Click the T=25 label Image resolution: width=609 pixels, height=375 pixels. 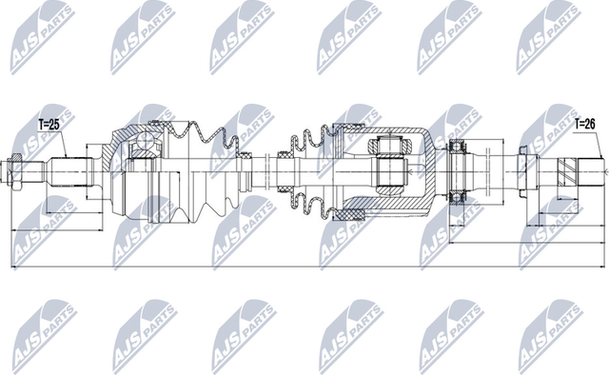[x=49, y=124]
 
